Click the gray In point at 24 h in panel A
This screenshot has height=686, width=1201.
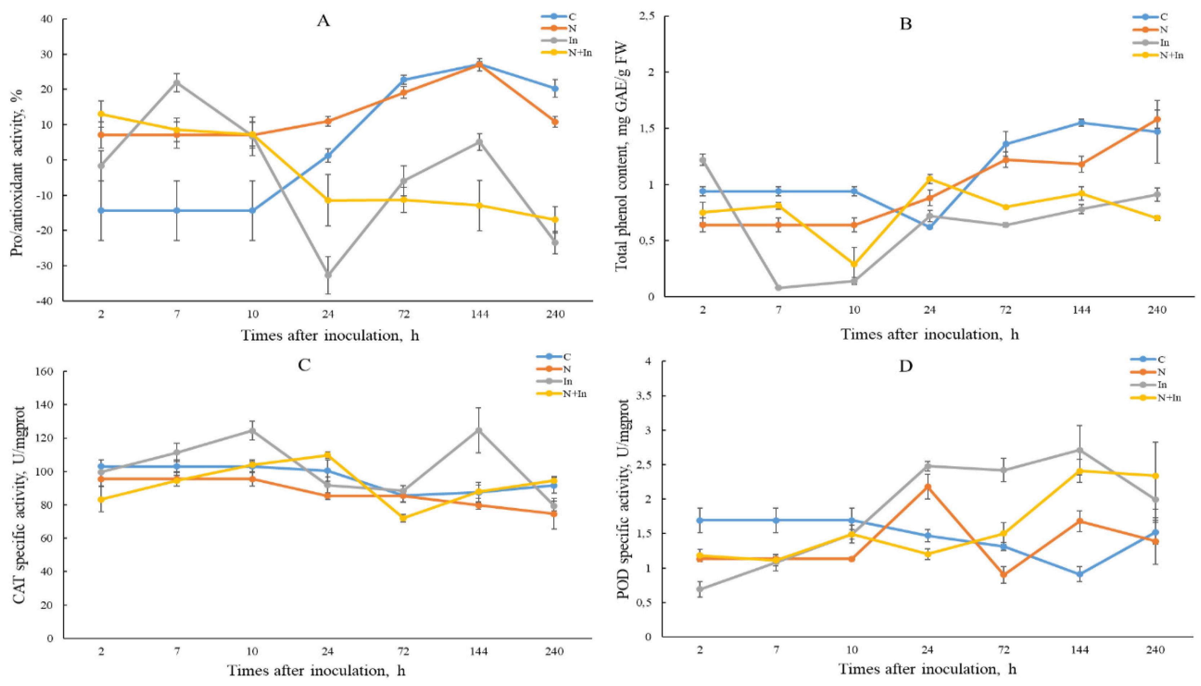point(328,275)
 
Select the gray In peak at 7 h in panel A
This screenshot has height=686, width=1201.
point(177,83)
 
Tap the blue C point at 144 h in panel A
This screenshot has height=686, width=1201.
point(479,64)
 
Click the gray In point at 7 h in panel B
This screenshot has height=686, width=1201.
point(778,288)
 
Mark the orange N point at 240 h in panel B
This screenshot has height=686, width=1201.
point(1157,120)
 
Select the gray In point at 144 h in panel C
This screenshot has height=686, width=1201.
point(479,430)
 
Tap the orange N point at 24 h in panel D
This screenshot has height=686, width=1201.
point(928,487)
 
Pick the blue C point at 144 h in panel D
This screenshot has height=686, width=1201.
point(1080,574)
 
